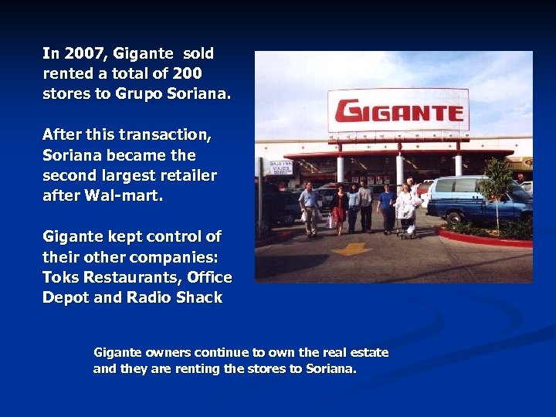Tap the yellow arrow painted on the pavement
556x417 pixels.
(351, 249)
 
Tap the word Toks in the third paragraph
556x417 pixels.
(61, 277)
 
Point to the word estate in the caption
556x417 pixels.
(369, 353)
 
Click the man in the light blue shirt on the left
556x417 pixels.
(308, 206)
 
